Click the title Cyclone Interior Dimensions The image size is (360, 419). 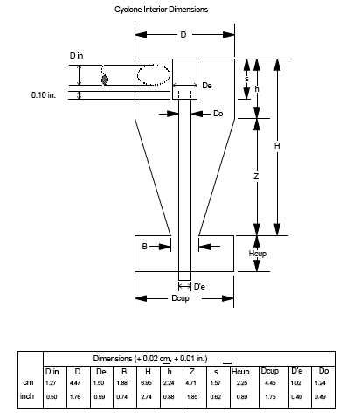coord(161,10)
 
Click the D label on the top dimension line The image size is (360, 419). coord(183,35)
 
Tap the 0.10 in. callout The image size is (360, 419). coord(44,95)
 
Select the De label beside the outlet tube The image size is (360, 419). coord(207,86)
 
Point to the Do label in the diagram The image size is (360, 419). coord(218,114)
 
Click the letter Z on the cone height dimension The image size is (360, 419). coord(256,177)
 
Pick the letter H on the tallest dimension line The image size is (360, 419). coord(277,145)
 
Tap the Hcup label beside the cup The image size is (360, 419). coord(258,254)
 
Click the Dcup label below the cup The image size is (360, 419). coord(180,298)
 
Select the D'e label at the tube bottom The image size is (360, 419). coord(199,287)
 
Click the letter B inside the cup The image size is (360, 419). coord(144,247)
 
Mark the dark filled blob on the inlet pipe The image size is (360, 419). coord(105,80)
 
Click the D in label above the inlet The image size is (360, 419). coord(76,55)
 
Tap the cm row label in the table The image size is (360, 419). coord(28,382)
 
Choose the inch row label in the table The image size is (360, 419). coord(27,396)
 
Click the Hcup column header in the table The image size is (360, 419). coord(240,372)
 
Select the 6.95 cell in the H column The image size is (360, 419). coord(146,383)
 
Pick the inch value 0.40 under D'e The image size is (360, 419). coord(296,397)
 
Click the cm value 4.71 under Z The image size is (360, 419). coord(191,383)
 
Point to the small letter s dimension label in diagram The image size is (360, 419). coord(246,79)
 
